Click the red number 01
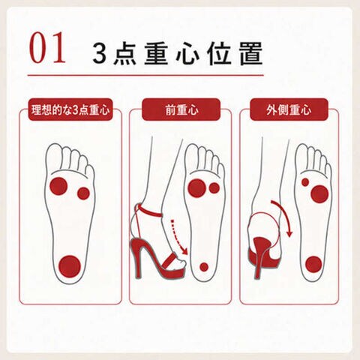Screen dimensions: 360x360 pyautogui.click(x=47, y=47)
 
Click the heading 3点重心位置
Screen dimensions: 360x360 pyautogui.click(x=178, y=53)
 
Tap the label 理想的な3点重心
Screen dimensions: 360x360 pyautogui.click(x=70, y=109)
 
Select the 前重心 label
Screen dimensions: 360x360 pyautogui.click(x=181, y=109)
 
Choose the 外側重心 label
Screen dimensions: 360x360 pyautogui.click(x=289, y=109)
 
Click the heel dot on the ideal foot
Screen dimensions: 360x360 pyautogui.click(x=70, y=266)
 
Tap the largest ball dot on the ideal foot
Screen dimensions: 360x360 pyautogui.click(x=58, y=186)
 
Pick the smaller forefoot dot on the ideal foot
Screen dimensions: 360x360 pyautogui.click(x=83, y=193)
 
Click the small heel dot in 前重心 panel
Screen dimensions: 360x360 pyautogui.click(x=204, y=267)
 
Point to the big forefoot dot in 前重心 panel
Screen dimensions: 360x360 pyautogui.click(x=197, y=188)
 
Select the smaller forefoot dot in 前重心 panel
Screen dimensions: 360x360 pyautogui.click(x=214, y=188)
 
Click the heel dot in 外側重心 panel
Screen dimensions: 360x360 pyautogui.click(x=313, y=265)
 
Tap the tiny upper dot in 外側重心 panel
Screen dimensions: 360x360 pyautogui.click(x=305, y=182)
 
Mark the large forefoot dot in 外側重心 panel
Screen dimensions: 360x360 pyautogui.click(x=319, y=194)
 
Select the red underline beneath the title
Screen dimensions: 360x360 pyautogui.click(x=145, y=75)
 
